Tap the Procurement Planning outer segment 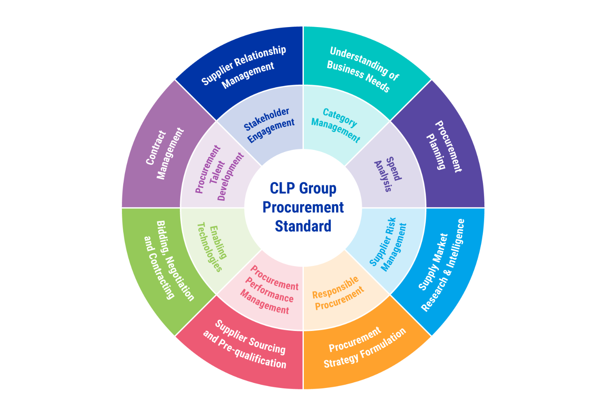tap(444, 152)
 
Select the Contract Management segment tap(162, 152)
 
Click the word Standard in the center tap(303, 226)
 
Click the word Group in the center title tap(318, 189)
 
